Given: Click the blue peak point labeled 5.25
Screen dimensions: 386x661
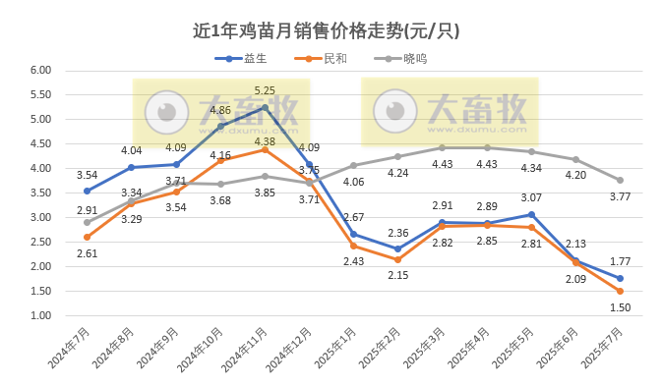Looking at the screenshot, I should (x=265, y=107).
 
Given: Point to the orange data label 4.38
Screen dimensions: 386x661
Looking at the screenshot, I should (x=264, y=141).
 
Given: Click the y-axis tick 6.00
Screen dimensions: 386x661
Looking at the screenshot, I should (x=39, y=71).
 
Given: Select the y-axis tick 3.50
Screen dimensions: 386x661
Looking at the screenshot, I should (x=39, y=193).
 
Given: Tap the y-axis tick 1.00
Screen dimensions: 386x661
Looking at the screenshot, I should (x=39, y=316).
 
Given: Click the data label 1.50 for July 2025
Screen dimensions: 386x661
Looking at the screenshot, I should (x=620, y=307).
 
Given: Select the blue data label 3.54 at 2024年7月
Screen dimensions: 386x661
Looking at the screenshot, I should (x=87, y=174).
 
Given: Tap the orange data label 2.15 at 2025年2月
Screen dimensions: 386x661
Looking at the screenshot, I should (x=397, y=275).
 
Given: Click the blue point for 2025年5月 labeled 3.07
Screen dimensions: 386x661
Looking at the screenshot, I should (x=531, y=214).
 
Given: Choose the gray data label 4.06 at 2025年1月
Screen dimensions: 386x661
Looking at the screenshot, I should (x=353, y=182).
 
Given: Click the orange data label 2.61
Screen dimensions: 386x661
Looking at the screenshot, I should (x=87, y=253).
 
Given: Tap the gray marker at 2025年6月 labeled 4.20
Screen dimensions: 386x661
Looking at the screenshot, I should (x=575, y=159).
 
